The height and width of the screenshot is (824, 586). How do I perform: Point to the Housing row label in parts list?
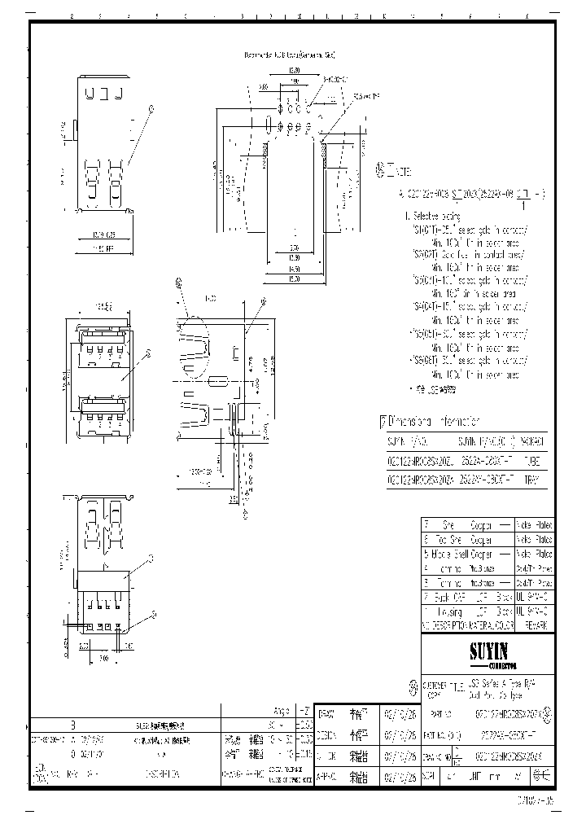(452, 610)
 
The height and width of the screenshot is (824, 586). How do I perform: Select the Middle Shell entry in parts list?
(452, 554)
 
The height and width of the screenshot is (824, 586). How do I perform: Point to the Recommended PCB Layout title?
(290, 55)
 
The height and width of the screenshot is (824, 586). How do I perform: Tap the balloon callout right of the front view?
(149, 353)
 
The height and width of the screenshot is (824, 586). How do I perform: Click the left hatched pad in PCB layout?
(266, 146)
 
